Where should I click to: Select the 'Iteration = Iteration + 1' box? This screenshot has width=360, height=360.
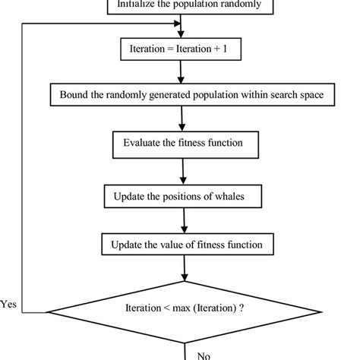click(180, 51)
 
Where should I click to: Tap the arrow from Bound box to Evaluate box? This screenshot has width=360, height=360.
click(182, 119)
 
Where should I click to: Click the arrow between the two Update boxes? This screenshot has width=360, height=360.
click(182, 221)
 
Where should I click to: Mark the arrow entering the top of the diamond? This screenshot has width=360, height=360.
click(183, 271)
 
